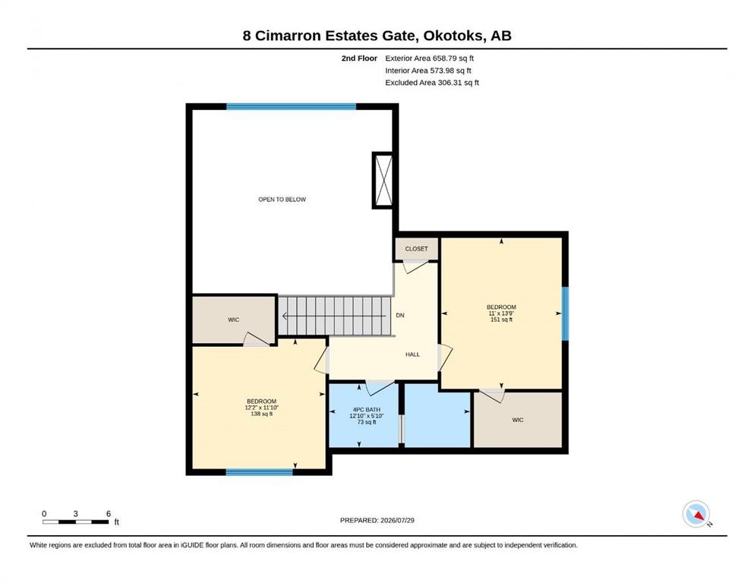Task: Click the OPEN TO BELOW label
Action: pyautogui.click(x=282, y=200)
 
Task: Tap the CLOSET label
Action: pyautogui.click(x=416, y=249)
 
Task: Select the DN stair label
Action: pyautogui.click(x=400, y=315)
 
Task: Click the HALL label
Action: pyautogui.click(x=412, y=355)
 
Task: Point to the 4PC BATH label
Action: pyautogui.click(x=367, y=410)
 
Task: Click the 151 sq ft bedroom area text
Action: pyautogui.click(x=502, y=320)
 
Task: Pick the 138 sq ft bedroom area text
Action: pyautogui.click(x=262, y=414)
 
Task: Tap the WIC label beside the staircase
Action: pyautogui.click(x=233, y=320)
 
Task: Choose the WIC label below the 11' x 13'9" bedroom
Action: pyautogui.click(x=518, y=420)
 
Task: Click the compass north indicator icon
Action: pyautogui.click(x=696, y=514)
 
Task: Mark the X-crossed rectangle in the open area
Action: pyautogui.click(x=383, y=181)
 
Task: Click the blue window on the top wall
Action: pyautogui.click(x=292, y=107)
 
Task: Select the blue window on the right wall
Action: pyautogui.click(x=566, y=314)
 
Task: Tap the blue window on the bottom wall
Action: pyautogui.click(x=259, y=472)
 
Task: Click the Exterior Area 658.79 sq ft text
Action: pyautogui.click(x=430, y=58)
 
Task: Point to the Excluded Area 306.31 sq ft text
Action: pyautogui.click(x=432, y=83)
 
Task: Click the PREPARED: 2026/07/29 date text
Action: pyautogui.click(x=377, y=520)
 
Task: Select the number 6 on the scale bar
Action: pyautogui.click(x=109, y=514)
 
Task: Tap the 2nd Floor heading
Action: pyautogui.click(x=359, y=58)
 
